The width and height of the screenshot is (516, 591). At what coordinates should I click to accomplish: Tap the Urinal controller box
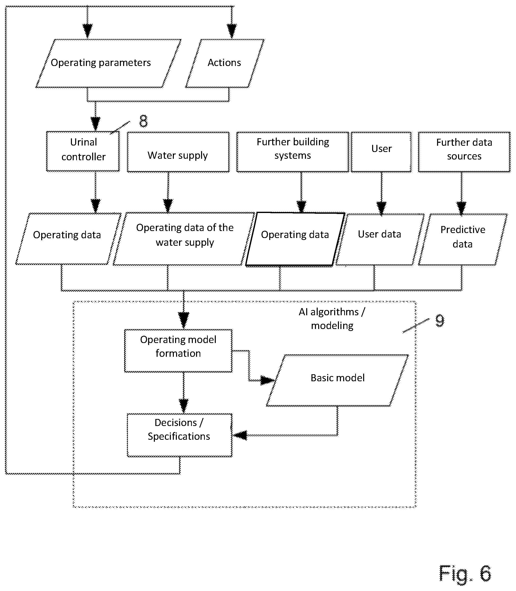pos(83,151)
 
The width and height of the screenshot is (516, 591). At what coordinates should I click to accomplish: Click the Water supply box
pos(178,152)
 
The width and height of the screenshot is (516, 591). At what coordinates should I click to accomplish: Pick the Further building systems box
pos(292,152)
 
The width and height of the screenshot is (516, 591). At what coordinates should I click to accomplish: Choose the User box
pos(381,152)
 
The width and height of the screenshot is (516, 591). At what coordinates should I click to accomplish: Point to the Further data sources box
pos(464,152)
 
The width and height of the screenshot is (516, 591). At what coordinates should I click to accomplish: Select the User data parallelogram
pos(380,239)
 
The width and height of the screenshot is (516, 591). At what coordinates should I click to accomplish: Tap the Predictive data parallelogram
pos(463,239)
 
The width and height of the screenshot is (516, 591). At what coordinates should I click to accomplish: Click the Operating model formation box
pos(178,351)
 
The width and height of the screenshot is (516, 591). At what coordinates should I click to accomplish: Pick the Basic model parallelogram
pos(337,380)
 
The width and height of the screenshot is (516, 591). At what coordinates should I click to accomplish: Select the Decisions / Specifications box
pos(180,435)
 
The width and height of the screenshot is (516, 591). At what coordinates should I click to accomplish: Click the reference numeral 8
pos(143,121)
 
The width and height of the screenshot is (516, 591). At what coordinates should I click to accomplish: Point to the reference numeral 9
pos(440,320)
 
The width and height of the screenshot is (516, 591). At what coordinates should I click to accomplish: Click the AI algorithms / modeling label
pos(332,319)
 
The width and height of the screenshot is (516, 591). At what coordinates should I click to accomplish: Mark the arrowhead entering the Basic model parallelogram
pos(267,380)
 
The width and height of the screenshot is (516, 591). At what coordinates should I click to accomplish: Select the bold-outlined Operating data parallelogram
pos(295,239)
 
